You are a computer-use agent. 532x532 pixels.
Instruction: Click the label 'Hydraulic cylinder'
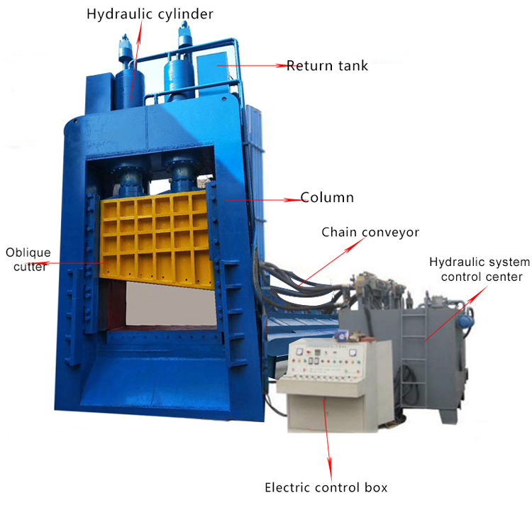150,13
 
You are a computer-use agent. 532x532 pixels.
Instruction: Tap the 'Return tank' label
327,66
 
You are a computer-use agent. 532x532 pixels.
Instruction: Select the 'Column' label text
327,197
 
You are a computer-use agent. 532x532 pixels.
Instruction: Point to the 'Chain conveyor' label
370,232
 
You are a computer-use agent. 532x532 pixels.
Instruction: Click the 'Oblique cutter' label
28,260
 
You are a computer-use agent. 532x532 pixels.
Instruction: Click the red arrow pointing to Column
262,199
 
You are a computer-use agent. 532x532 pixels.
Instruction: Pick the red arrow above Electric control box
328,433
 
